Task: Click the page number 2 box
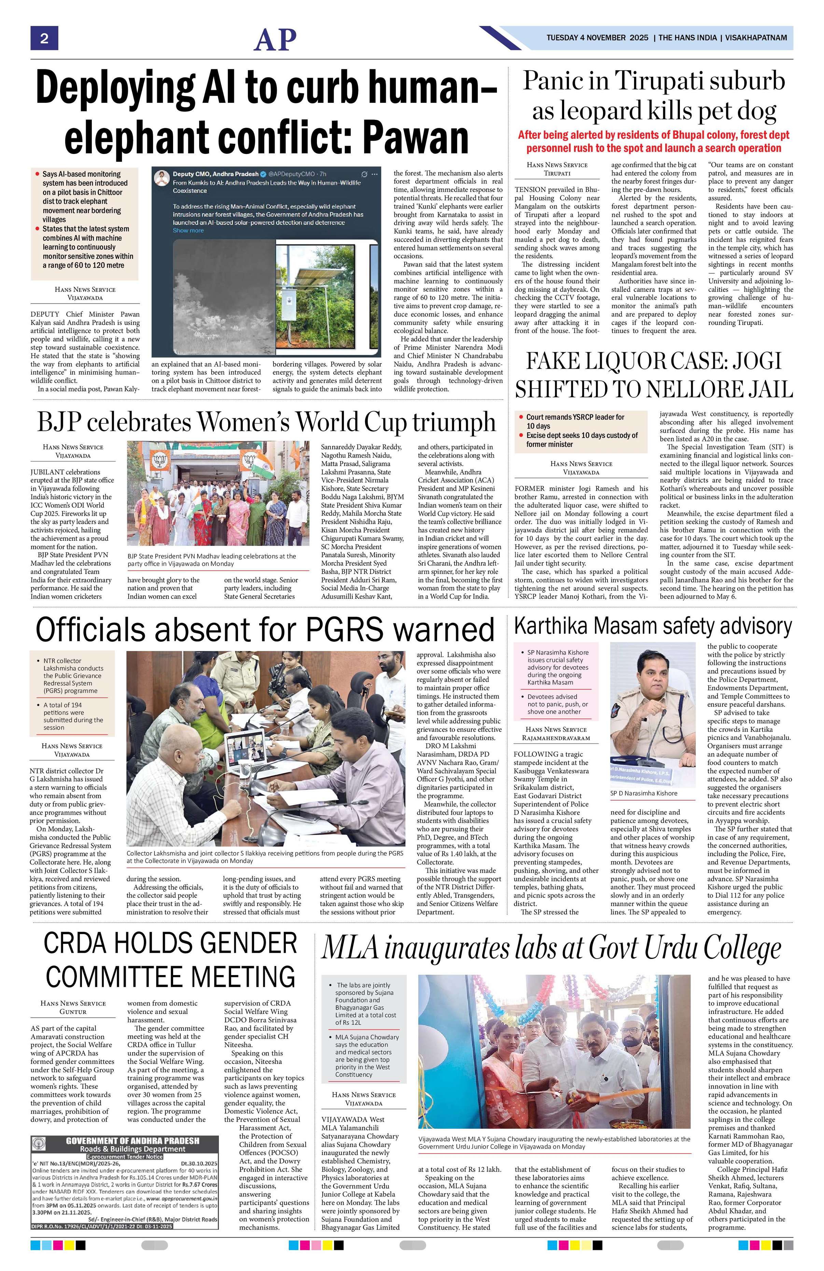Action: [44, 39]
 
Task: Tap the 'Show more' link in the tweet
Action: [188, 231]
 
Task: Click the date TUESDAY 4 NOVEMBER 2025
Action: [597, 38]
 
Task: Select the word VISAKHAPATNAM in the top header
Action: [756, 38]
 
